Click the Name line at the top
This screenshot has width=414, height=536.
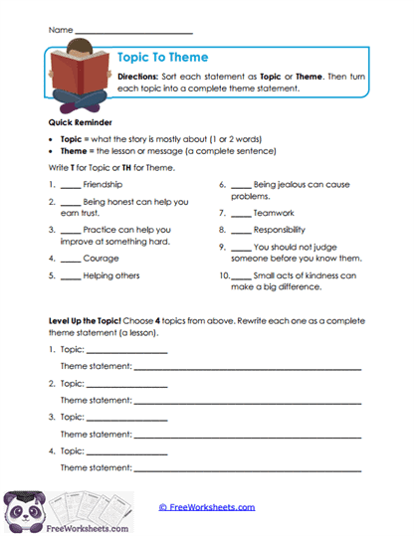[133, 31]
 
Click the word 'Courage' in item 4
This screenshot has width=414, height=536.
[102, 259]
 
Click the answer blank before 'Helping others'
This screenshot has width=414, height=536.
[70, 275]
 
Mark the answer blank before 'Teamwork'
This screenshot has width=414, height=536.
[242, 213]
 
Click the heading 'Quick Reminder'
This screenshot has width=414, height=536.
[81, 121]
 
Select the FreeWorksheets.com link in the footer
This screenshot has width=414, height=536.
[207, 506]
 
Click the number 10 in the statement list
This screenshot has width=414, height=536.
[223, 275]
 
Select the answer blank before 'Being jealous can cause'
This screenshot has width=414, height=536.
[242, 184]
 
